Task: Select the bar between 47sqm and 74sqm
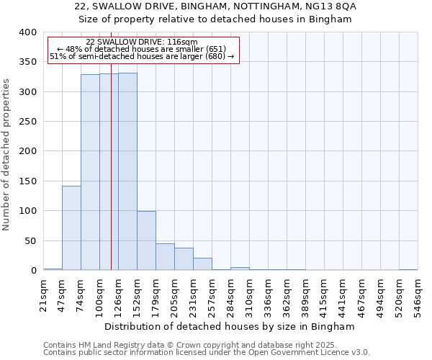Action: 71,228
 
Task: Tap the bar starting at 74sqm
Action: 90,172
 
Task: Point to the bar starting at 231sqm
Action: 202,264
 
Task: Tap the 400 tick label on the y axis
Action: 27,32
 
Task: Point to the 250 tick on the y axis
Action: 27,122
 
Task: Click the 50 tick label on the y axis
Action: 30,240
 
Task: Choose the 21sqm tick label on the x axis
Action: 43,294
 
